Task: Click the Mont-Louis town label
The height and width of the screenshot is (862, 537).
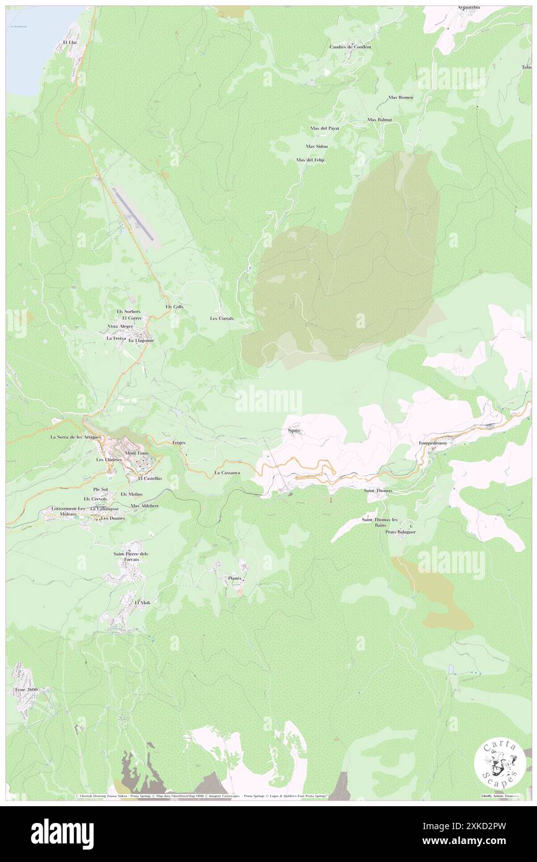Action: pyautogui.click(x=138, y=453)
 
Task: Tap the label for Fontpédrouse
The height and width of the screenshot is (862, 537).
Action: pyautogui.click(x=437, y=444)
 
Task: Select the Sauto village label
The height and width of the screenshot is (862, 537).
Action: pyautogui.click(x=295, y=429)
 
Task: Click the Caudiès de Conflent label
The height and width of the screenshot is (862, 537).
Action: pyautogui.click(x=350, y=47)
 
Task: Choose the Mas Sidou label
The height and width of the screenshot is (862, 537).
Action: pyautogui.click(x=316, y=146)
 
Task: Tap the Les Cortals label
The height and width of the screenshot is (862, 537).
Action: pyautogui.click(x=221, y=318)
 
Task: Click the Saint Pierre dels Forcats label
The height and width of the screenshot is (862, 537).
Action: pyautogui.click(x=131, y=556)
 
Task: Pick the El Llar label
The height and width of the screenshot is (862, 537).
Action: pyautogui.click(x=69, y=42)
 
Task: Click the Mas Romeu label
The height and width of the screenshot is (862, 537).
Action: pyautogui.click(x=401, y=97)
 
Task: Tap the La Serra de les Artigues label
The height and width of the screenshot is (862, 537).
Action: pyautogui.click(x=71, y=437)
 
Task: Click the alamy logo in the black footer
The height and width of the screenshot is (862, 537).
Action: pyautogui.click(x=62, y=833)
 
